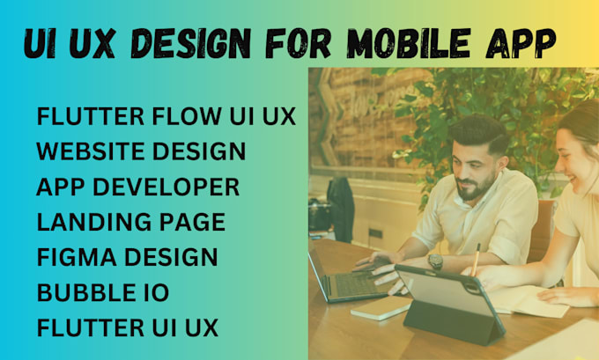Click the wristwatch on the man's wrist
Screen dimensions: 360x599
pos(435,261)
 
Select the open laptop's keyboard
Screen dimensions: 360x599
pos(356,283)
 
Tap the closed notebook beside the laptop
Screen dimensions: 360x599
pos(380,309)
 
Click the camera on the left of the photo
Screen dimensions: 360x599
pos(319,215)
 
